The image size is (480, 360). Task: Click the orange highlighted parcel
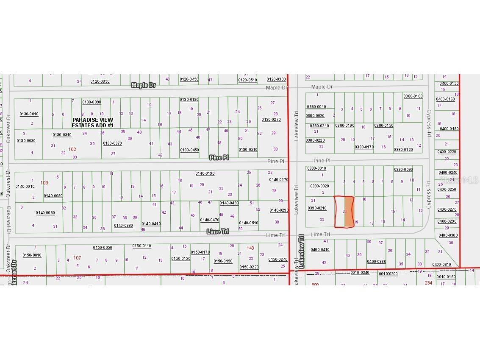tap(349, 212)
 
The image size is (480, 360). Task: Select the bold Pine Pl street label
tap(219, 157)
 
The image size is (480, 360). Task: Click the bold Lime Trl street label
tap(218, 232)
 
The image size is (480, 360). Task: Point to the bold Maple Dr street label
tap(144, 85)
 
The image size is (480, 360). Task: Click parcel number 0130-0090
tap(92, 102)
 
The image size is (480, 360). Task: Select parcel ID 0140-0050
tap(53, 195)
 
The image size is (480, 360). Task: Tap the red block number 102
tap(72, 149)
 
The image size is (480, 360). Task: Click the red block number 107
tap(77, 258)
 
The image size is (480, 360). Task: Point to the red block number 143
tap(250, 248)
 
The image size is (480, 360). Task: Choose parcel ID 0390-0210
tap(317, 208)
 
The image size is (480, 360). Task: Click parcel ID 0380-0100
tap(413, 96)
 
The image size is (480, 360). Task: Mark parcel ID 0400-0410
tap(320, 250)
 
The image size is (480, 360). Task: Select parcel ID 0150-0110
tap(142, 246)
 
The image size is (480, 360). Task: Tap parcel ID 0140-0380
tap(123, 225)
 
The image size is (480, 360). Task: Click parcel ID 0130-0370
tap(112, 143)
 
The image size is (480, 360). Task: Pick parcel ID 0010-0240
tap(359, 273)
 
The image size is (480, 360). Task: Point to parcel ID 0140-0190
tap(205, 173)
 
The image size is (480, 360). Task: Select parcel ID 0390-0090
tap(403, 170)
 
